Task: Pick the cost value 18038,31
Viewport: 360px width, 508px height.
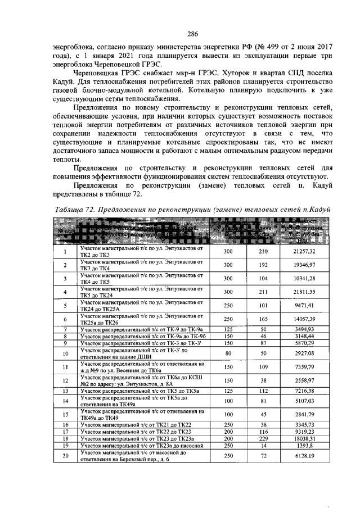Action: (x=304, y=438)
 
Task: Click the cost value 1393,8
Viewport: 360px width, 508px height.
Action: (x=304, y=445)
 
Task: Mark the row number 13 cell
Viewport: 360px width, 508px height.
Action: (x=65, y=391)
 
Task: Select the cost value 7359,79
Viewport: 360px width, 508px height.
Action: (x=304, y=368)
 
